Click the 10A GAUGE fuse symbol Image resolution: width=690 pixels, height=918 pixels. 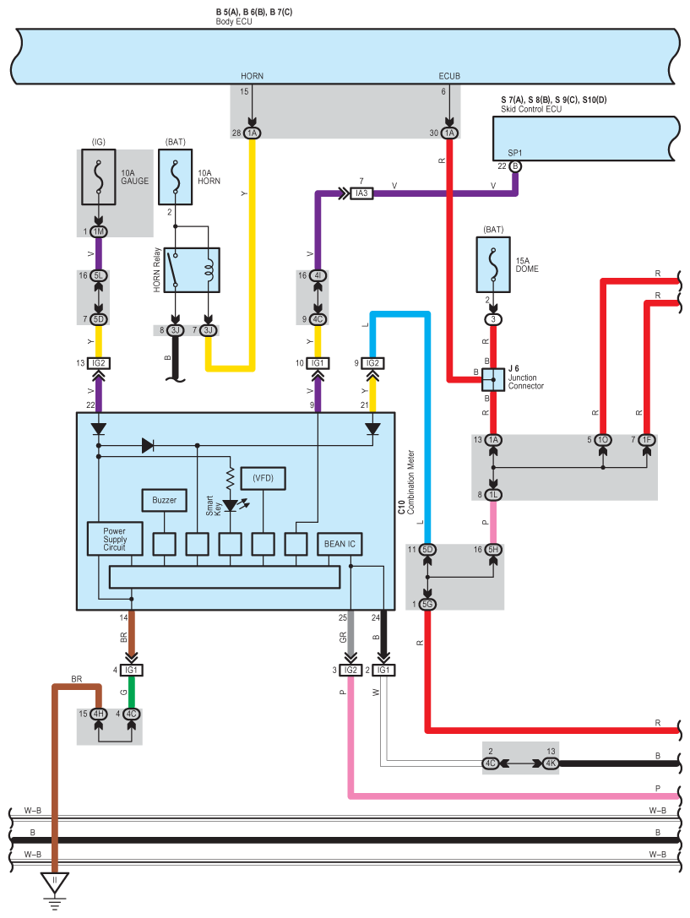pos(100,178)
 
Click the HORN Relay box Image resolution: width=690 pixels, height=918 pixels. pos(193,270)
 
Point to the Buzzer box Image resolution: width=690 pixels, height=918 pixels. pos(164,500)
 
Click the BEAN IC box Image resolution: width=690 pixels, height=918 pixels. pos(340,544)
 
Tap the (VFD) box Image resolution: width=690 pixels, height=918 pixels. pos(263,478)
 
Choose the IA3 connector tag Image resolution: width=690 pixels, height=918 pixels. pos(361,193)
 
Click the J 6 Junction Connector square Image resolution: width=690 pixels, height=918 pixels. pos(493,379)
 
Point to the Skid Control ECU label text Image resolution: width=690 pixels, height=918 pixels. pos(530,110)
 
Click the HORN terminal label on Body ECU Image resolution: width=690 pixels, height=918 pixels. pos(252,76)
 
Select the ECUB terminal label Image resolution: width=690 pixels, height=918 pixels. pos(449,76)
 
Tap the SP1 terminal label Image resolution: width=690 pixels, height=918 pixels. pos(514,153)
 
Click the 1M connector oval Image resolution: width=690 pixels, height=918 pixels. pos(99,232)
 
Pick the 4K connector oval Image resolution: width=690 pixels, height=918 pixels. pos(550,763)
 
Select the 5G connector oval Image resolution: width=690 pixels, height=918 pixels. pos(428,604)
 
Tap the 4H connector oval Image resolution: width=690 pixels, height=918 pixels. pos(99,714)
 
